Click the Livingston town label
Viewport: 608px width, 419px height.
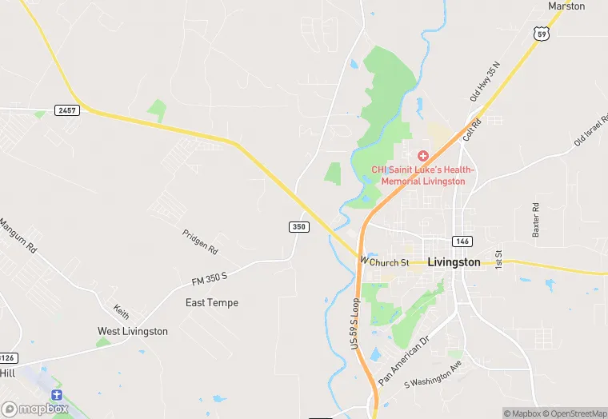click(x=454, y=261)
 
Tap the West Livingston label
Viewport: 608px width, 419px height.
click(x=133, y=331)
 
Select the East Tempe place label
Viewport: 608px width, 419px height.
click(x=212, y=302)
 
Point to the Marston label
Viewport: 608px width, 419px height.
click(x=566, y=6)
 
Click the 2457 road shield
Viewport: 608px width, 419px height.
click(x=67, y=110)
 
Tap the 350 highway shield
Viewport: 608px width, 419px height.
click(x=298, y=227)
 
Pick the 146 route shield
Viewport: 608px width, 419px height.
click(x=462, y=241)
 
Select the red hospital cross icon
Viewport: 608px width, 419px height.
click(x=423, y=155)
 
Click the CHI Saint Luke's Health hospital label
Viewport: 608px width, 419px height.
click(x=423, y=175)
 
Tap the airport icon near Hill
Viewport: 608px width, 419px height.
click(x=56, y=395)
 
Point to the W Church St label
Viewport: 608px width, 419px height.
click(x=385, y=261)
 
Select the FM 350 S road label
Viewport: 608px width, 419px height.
click(x=210, y=277)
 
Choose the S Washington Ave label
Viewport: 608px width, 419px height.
click(x=434, y=384)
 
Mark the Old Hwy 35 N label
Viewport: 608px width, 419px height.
click(x=484, y=81)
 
